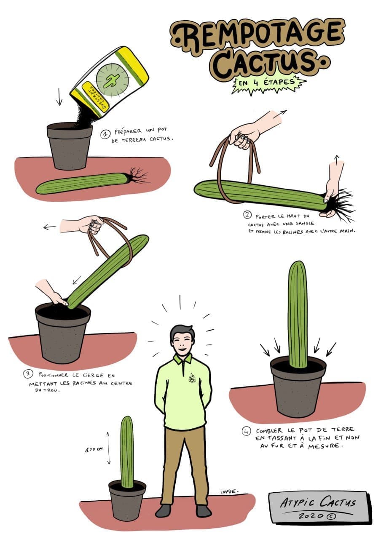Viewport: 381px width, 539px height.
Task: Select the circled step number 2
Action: click(247, 215)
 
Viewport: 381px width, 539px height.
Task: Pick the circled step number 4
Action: click(246, 432)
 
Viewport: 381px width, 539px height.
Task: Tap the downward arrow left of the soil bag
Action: click(59, 97)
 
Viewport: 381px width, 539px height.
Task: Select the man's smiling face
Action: click(182, 341)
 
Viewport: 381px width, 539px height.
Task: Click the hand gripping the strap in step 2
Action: click(244, 135)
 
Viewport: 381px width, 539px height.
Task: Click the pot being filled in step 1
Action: click(70, 145)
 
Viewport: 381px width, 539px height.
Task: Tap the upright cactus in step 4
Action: click(298, 314)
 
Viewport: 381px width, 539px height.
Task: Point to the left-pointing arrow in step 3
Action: click(50, 227)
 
